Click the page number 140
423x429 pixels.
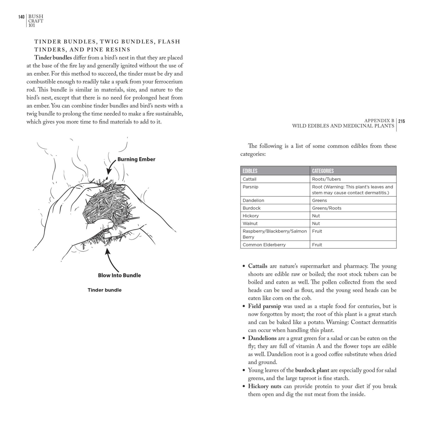[x=21, y=17]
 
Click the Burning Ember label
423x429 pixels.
[x=136, y=159]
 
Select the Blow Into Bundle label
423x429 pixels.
[x=119, y=275]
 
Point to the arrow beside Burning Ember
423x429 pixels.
[x=111, y=166]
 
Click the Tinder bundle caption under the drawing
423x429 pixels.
[x=104, y=290]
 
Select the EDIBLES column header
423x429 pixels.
[x=250, y=171]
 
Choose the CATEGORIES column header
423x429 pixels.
[x=323, y=171]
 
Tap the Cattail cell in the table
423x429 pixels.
[x=249, y=179]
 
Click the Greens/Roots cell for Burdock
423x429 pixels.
[x=327, y=208]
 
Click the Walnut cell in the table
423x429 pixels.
[x=250, y=223]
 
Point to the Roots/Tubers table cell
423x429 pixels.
[x=326, y=179]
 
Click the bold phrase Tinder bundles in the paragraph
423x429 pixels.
[x=53, y=58]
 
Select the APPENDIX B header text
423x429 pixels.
[x=379, y=121]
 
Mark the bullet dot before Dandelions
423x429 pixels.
[x=243, y=339]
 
